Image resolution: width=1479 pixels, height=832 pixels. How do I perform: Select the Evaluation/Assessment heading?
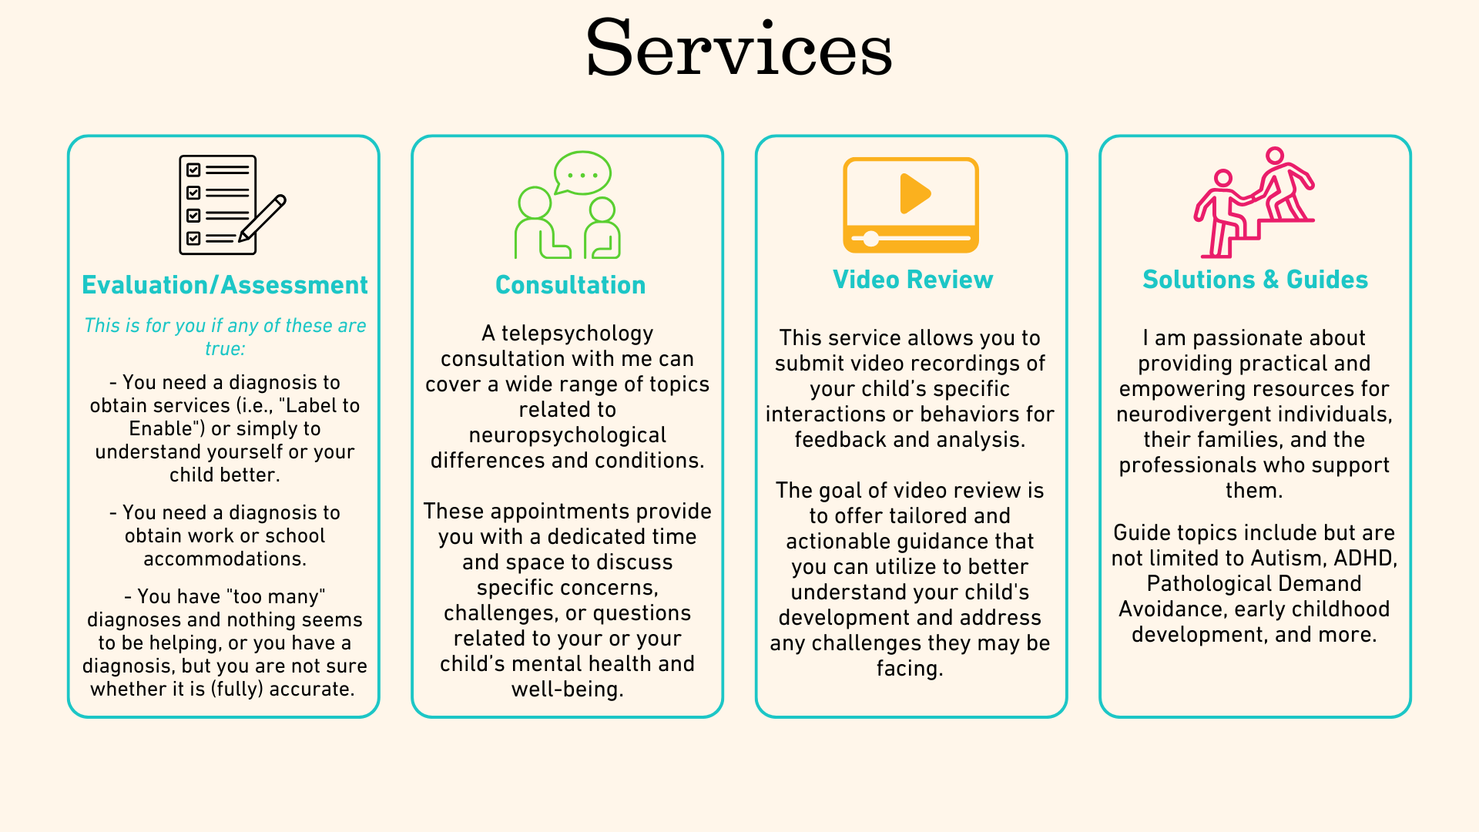coord(224,285)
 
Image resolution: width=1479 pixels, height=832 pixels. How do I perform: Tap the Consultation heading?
coord(570,285)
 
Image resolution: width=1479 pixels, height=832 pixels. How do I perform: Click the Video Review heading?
coord(913,280)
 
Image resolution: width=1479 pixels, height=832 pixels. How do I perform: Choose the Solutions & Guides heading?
coord(1255,280)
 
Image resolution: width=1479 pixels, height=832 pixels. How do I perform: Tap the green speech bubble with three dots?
coord(583,173)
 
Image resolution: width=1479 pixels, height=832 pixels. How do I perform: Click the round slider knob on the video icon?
coord(870,239)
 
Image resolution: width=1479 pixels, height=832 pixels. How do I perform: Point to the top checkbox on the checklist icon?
coord(193,169)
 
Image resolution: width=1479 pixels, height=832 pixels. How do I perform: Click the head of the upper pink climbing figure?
coord(1275,156)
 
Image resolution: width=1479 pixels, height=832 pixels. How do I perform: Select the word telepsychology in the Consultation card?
coord(577,334)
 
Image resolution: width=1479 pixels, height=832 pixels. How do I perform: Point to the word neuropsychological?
coord(567,435)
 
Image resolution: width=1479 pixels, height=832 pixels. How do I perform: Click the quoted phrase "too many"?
coord(276,597)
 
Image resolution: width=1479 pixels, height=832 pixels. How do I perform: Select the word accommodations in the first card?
coord(224,559)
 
